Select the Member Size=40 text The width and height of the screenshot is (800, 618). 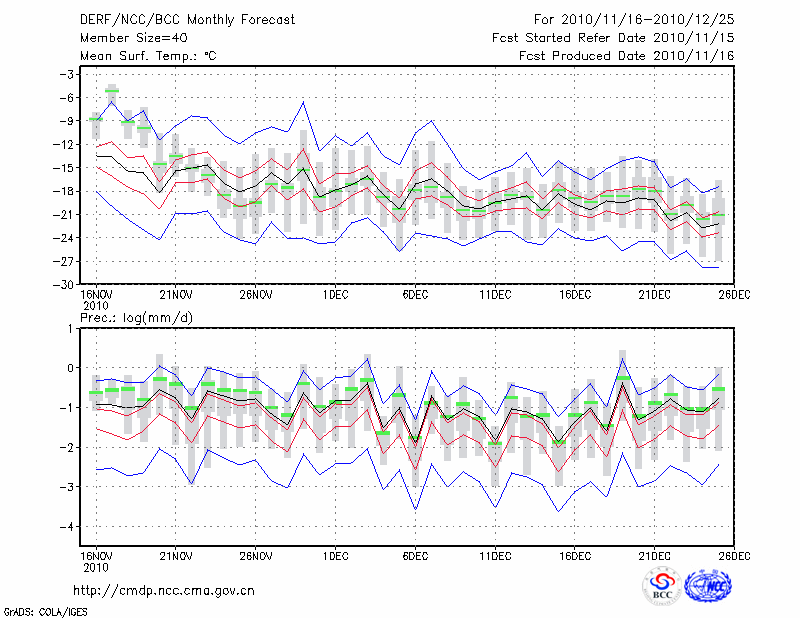131,38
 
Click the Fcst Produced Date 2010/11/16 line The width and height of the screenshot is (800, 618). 628,56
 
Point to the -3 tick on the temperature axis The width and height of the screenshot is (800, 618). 68,74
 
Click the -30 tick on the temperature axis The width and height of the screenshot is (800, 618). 65,284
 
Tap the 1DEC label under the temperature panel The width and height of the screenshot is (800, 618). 336,295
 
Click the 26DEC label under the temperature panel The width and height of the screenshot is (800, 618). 735,295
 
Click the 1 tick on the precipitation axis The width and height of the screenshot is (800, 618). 72,328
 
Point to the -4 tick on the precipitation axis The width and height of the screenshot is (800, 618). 68,526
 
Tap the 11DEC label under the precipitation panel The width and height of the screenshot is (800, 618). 495,555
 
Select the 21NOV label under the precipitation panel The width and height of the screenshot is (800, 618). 176,555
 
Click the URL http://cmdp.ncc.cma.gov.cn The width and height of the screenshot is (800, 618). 164,590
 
